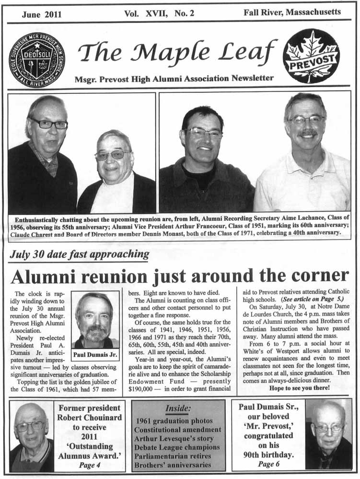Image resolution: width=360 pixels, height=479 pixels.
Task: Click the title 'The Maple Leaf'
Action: click(177, 51)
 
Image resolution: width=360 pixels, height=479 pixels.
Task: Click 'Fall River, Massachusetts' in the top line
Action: click(293, 13)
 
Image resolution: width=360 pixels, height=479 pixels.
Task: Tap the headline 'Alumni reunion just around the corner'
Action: click(180, 276)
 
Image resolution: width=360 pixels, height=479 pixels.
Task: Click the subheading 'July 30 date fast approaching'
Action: click(79, 254)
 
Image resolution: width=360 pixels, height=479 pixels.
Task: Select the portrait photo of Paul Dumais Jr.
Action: click(95, 320)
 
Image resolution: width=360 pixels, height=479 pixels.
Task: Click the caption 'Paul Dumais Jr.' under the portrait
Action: click(95, 355)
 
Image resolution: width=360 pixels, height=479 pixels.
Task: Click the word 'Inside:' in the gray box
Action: click(178, 408)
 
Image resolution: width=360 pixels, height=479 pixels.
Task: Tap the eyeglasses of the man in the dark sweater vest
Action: click(49, 124)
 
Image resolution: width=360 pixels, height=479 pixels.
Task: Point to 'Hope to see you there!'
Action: click(299, 388)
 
